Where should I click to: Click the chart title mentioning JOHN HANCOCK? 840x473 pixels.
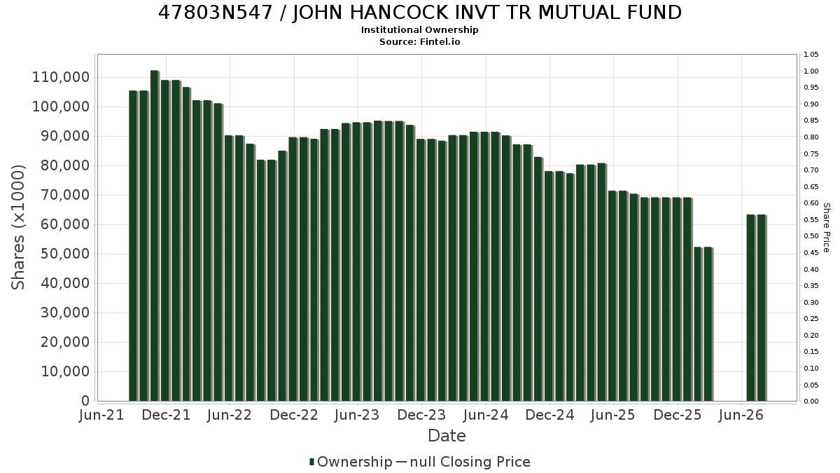click(x=419, y=13)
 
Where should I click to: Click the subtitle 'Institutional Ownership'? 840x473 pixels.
click(x=419, y=30)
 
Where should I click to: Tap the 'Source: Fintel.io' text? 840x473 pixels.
click(x=419, y=41)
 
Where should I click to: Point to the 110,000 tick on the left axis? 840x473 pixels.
click(x=61, y=77)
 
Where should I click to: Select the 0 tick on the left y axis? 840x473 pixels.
click(x=85, y=401)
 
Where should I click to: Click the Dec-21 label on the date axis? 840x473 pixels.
click(x=166, y=415)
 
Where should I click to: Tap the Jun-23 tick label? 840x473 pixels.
click(x=357, y=415)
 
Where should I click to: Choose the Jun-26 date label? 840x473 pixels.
click(x=741, y=415)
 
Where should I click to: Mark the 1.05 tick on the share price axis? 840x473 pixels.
click(x=811, y=55)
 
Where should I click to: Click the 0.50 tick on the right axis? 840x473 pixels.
click(x=811, y=236)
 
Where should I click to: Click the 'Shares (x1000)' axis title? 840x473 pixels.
click(x=17, y=228)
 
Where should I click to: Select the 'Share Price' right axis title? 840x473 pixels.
click(x=826, y=228)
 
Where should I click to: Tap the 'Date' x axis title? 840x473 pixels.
click(x=447, y=436)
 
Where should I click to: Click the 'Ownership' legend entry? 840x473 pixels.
click(x=351, y=462)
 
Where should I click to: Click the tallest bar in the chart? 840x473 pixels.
click(x=155, y=235)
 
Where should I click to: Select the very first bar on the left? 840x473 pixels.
click(x=133, y=246)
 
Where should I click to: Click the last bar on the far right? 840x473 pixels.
click(x=762, y=308)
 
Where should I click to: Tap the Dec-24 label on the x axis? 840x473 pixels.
click(x=549, y=415)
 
